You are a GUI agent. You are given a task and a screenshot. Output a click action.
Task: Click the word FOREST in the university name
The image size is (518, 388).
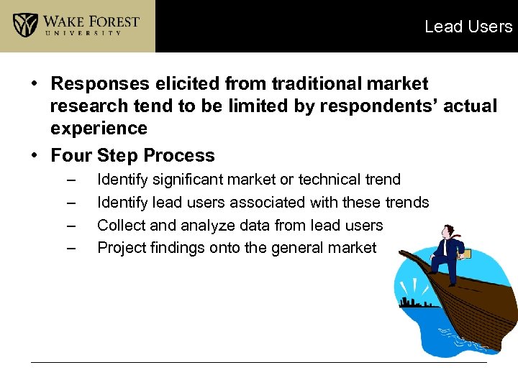(x=111, y=20)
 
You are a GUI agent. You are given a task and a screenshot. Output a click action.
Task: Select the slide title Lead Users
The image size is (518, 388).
(x=468, y=27)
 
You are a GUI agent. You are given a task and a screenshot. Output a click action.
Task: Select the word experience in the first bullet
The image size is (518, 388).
(x=99, y=129)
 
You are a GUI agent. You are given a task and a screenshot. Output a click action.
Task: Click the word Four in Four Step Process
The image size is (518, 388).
(x=71, y=155)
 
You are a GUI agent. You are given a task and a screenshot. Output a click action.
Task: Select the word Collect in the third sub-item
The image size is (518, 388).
(x=120, y=226)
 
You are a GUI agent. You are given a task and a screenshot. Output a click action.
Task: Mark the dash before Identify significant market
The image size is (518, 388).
(x=70, y=180)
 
